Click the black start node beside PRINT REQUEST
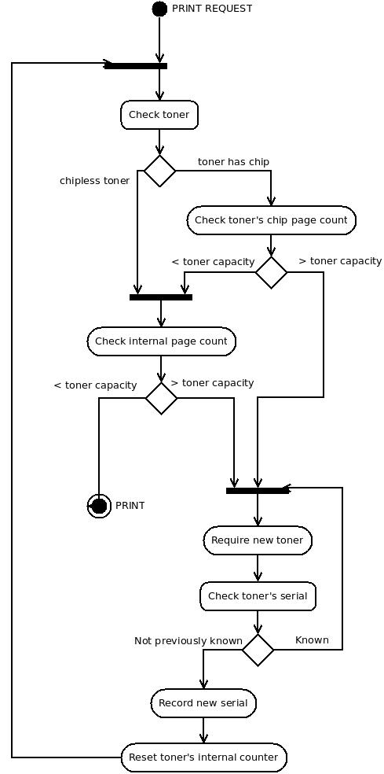[x=159, y=9]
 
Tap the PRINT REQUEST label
[x=212, y=9]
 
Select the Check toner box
[x=159, y=115]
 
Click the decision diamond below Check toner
[x=159, y=171]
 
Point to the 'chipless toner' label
[x=95, y=181]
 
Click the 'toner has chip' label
[x=234, y=162]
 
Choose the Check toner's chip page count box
[x=271, y=220]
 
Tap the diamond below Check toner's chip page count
[x=271, y=272]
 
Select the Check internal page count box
[x=161, y=341]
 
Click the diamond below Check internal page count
[x=161, y=398]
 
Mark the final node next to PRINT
[x=99, y=506]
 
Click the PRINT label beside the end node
[x=130, y=506]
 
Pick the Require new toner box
[x=258, y=540]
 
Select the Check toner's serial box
[x=258, y=596]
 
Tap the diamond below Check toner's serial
[x=258, y=650]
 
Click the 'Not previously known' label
[x=188, y=641]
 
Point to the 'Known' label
[x=312, y=640]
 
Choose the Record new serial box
[x=203, y=703]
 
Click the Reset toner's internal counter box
[x=203, y=757]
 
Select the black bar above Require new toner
[x=258, y=491]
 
